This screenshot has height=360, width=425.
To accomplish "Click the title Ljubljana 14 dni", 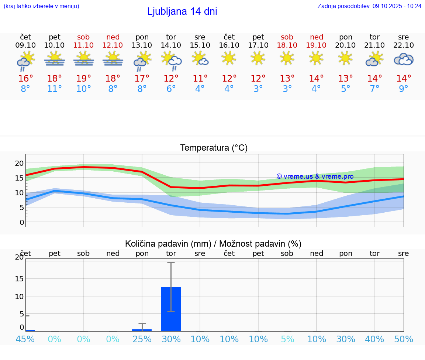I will click(182, 11).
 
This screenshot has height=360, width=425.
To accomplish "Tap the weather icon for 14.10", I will click(171, 60).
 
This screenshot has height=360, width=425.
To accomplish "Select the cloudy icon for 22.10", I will click(404, 59).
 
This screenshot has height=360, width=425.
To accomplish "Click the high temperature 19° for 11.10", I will click(84, 78).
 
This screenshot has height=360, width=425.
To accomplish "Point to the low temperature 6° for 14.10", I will click(171, 89).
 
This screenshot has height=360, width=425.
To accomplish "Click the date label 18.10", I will click(287, 45).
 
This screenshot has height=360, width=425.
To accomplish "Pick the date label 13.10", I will click(142, 45).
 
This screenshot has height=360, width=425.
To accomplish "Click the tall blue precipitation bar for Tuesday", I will click(171, 309).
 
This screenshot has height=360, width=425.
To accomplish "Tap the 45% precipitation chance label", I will click(25, 339).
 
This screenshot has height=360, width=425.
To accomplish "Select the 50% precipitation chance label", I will click(404, 339).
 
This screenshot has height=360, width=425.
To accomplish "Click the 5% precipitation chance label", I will click(287, 339).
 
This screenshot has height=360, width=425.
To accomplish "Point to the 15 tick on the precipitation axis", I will click(19, 278).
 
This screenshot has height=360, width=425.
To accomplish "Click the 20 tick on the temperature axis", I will click(19, 163).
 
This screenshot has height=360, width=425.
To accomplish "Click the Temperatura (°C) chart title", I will click(214, 148).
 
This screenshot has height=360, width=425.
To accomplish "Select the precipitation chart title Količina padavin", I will click(213, 244).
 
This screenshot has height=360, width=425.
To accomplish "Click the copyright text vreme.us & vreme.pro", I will click(315, 176).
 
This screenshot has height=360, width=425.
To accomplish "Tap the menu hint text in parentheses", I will click(41, 6).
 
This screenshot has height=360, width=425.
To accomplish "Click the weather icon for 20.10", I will click(345, 58).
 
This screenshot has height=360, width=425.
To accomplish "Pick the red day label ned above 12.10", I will click(113, 37).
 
